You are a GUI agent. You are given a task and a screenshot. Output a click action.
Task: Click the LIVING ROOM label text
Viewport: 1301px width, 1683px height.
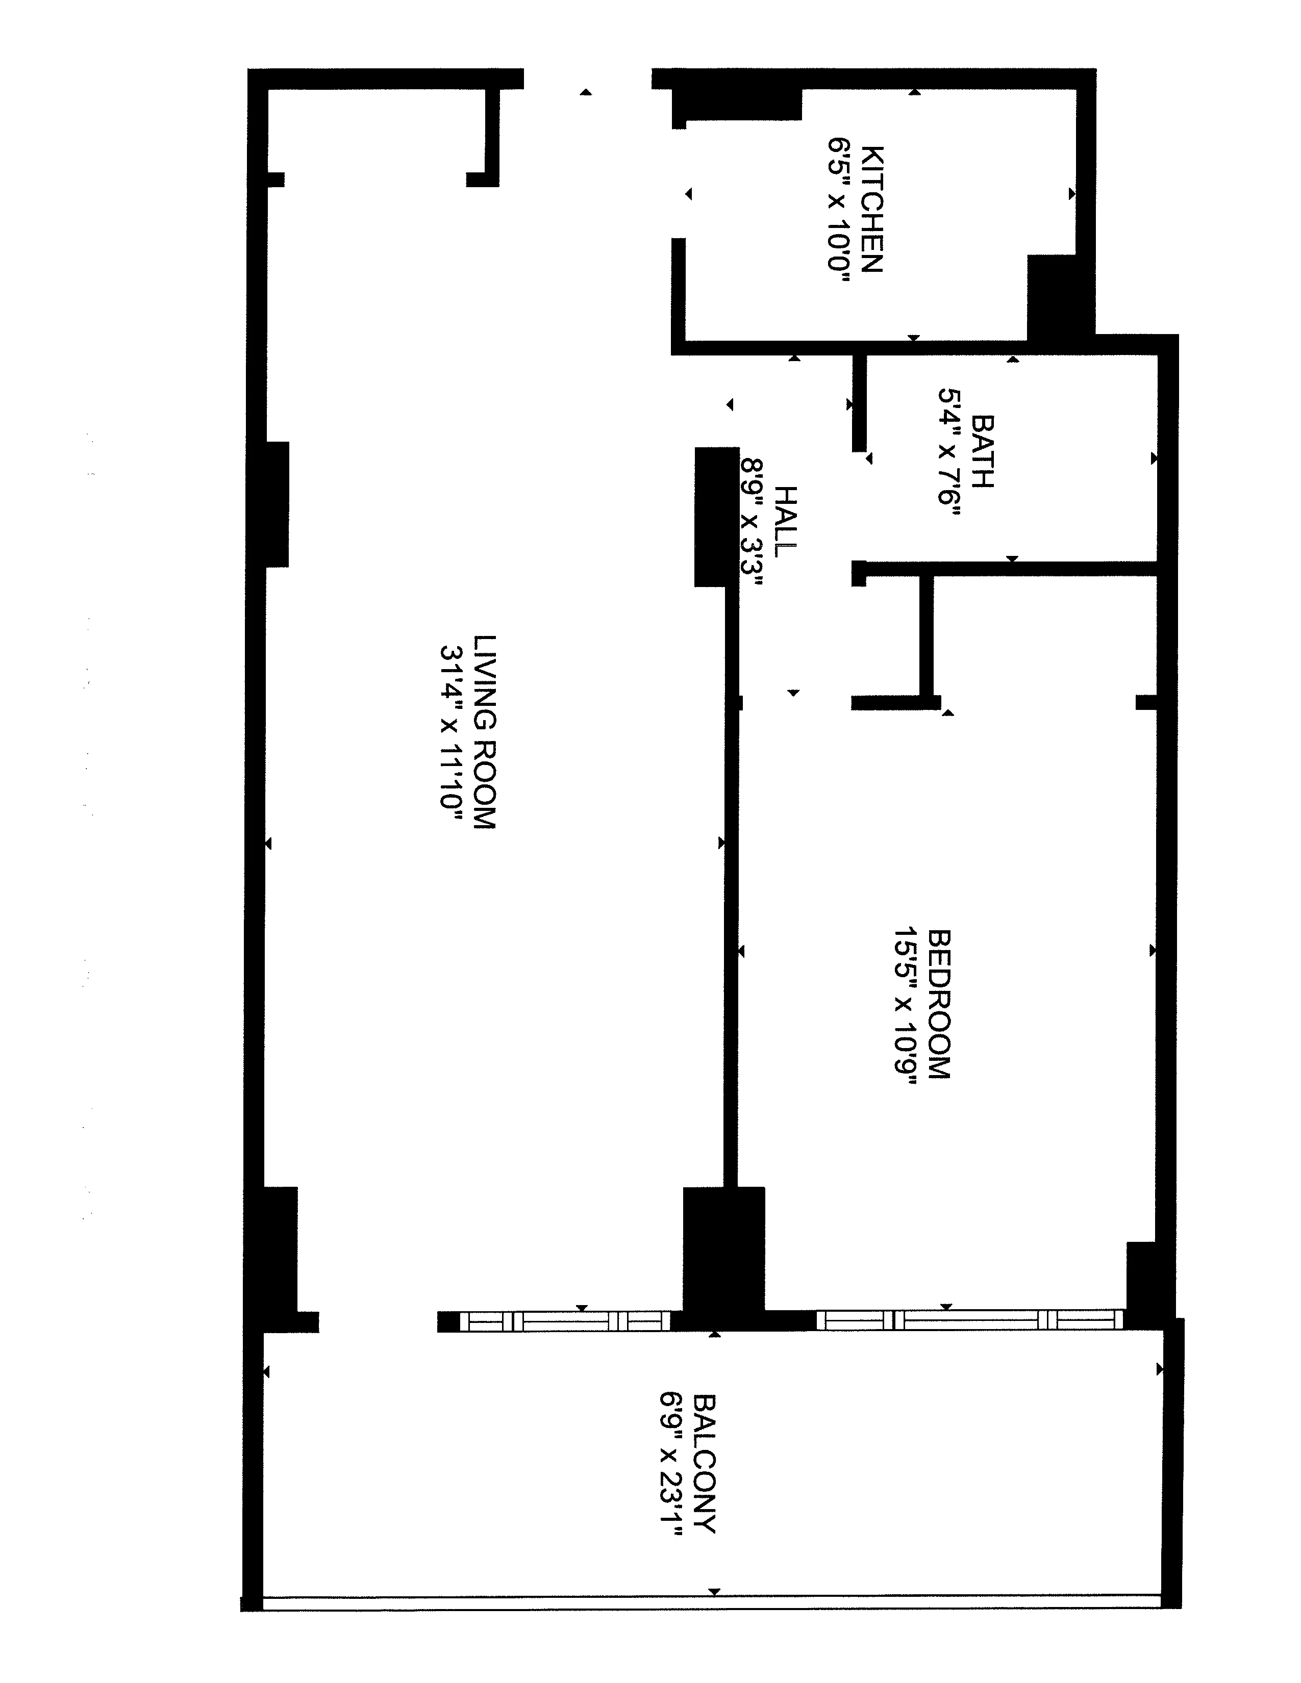(x=484, y=731)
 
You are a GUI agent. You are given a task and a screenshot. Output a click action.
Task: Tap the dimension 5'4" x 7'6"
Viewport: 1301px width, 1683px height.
(x=948, y=457)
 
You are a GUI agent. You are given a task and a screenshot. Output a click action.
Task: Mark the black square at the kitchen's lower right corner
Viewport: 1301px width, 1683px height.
(x=1060, y=297)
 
